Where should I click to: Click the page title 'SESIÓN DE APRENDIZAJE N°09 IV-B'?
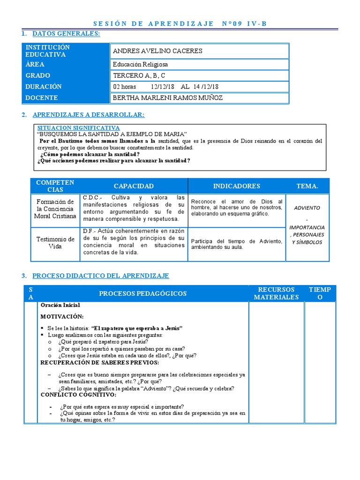[180, 23]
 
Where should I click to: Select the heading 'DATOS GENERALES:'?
[66, 34]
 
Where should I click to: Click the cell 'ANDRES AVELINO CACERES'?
[157, 51]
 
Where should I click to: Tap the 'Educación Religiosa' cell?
[140, 65]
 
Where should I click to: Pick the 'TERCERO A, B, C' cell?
[139, 75]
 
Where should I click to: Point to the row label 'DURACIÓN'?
[44, 87]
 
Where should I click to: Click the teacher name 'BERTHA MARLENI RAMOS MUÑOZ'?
[168, 98]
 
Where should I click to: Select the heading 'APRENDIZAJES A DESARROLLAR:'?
[88, 115]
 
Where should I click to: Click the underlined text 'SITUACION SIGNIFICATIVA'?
[78, 127]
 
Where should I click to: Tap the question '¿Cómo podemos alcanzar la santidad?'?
[90, 154]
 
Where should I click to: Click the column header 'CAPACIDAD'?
[134, 186]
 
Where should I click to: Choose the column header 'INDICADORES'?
[236, 186]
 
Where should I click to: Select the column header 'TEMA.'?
[307, 186]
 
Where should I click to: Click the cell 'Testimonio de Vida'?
[55, 243]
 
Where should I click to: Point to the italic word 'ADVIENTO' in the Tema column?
[307, 208]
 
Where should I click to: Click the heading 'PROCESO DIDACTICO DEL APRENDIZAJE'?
[100, 276]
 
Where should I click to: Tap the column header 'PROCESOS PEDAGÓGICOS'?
[142, 293]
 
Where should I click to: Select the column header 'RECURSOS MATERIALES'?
[276, 293]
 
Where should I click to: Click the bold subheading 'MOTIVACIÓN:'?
[62, 316]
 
